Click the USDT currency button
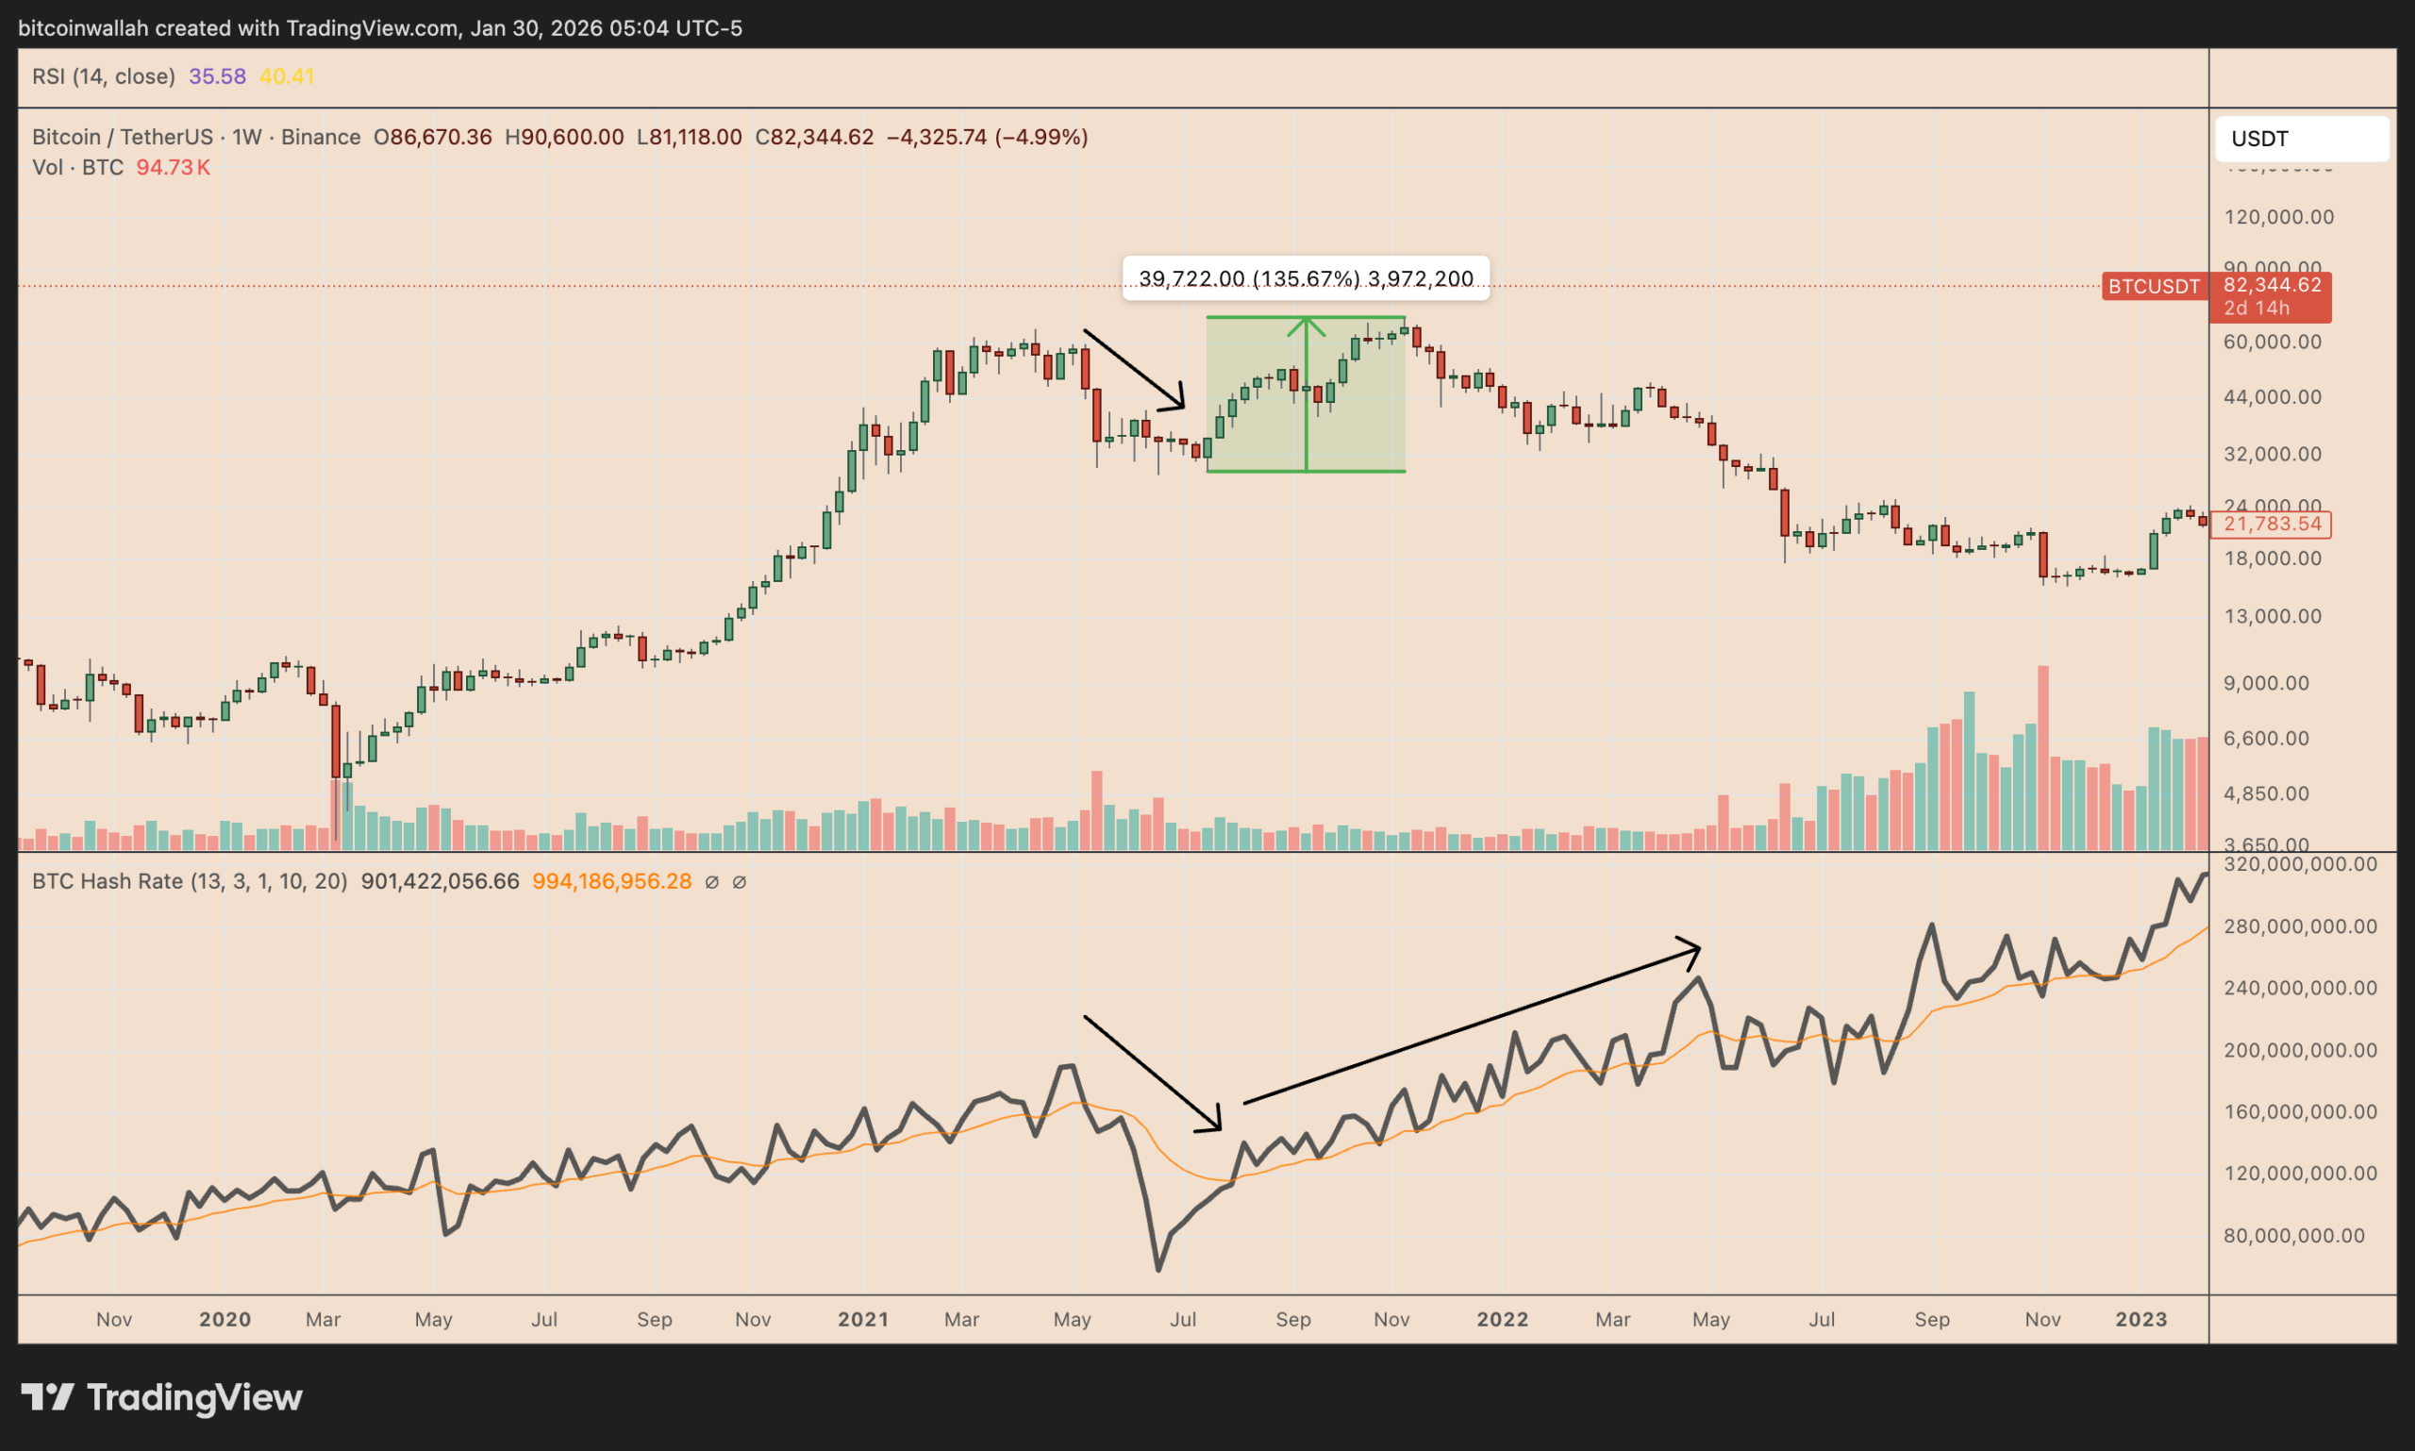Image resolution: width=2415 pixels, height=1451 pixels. [2301, 139]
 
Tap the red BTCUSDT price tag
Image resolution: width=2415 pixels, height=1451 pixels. [2153, 287]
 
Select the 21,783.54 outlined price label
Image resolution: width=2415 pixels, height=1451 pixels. [2272, 525]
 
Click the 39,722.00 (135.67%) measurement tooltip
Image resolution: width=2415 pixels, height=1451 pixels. [1306, 278]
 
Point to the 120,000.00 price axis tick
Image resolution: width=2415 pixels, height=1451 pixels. [2278, 217]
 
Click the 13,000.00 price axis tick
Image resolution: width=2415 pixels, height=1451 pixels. [2273, 616]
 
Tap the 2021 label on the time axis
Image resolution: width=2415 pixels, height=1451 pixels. [862, 1319]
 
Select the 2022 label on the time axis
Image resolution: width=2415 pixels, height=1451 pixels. [1502, 1319]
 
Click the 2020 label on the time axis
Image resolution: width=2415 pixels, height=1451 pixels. [225, 1319]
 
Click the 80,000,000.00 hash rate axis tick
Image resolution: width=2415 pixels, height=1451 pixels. [2293, 1236]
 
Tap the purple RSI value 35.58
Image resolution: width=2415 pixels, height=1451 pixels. [217, 76]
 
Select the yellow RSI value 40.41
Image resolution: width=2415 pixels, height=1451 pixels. [287, 76]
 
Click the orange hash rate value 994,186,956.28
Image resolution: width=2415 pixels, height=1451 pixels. [611, 882]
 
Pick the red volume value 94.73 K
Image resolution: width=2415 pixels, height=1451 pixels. [173, 167]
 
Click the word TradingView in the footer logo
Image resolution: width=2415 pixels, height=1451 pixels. [194, 1397]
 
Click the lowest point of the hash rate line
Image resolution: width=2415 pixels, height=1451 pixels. [1158, 1269]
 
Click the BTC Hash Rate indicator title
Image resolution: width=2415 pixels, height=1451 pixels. [189, 882]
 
